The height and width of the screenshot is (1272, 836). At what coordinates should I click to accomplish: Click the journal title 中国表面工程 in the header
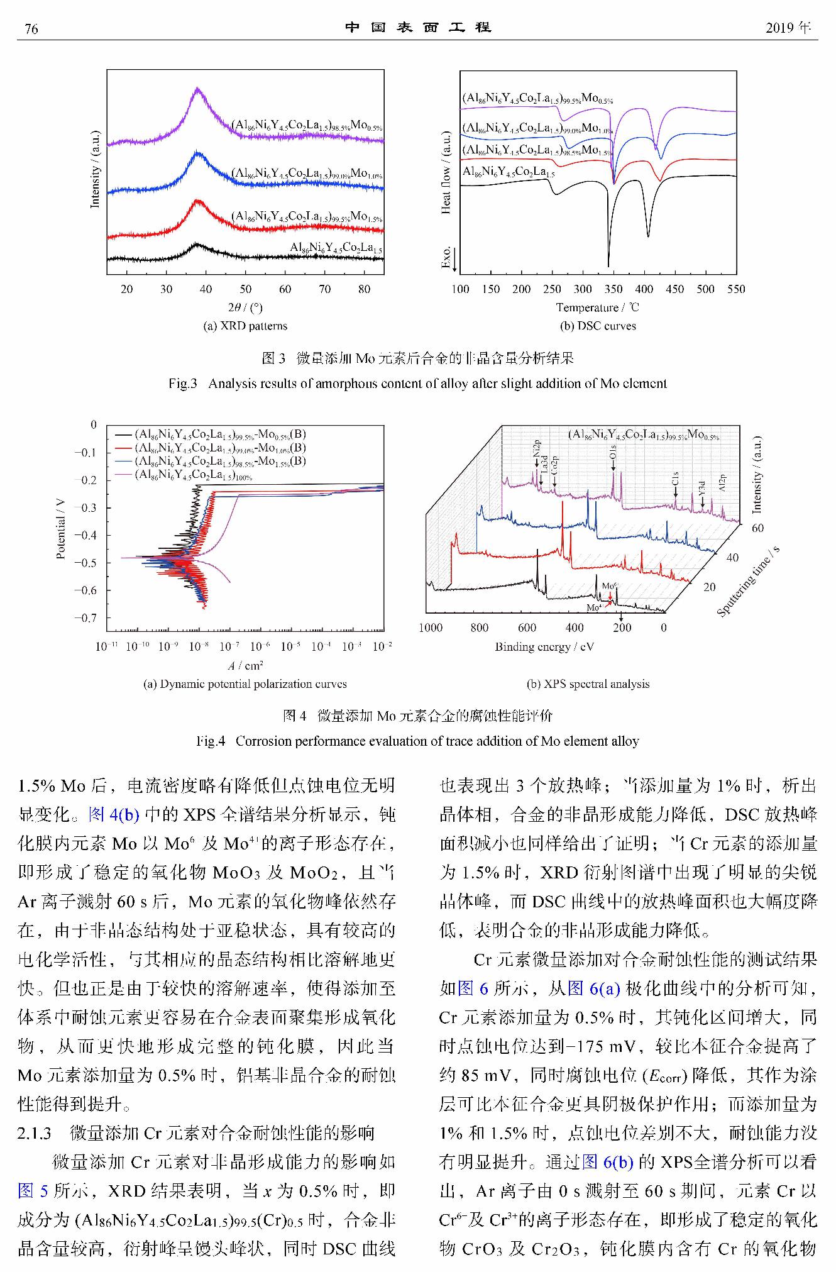pos(418,28)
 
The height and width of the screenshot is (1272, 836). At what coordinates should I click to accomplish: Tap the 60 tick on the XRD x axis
pos(285,289)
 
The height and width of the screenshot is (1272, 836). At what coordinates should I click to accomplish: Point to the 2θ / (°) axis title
pos(245,307)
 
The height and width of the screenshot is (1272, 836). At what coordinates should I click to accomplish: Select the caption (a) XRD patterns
pos(245,326)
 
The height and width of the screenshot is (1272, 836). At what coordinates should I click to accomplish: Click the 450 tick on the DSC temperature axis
pos(674,289)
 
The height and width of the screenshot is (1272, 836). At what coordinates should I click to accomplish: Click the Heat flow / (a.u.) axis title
pos(446,173)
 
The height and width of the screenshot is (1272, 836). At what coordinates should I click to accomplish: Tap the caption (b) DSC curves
pos(598,326)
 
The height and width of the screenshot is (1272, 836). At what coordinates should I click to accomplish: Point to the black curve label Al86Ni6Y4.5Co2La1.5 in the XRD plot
pos(336,248)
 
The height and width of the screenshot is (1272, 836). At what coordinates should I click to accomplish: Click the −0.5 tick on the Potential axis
pos(85,563)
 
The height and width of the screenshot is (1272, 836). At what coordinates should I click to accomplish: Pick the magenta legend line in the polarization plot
pos(124,475)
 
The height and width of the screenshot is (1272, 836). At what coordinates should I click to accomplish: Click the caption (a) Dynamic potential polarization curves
pos(245,684)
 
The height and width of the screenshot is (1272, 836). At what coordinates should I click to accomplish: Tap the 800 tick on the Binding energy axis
pos(479,628)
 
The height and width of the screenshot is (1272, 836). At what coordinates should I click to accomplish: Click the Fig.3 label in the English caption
pos(182,384)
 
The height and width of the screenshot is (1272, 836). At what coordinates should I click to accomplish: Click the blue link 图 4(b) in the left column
pos(114,815)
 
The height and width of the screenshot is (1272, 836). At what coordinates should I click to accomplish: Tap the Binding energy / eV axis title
pos(544,647)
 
